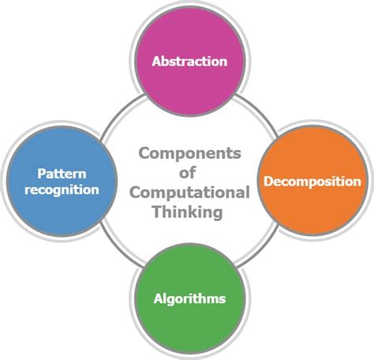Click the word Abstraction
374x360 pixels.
(189, 62)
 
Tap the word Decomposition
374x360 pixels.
(312, 182)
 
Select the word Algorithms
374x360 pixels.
(189, 298)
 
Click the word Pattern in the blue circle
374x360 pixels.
(62, 174)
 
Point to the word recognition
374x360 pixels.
(62, 190)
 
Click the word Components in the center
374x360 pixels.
(189, 153)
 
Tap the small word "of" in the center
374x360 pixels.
(187, 173)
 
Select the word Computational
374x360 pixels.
(189, 193)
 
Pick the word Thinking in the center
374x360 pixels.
(188, 212)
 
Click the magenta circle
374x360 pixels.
(190, 61)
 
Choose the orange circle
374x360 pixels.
(312, 180)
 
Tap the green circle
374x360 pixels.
(190, 298)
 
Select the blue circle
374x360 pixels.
(62, 181)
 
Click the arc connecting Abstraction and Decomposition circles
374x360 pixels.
(259, 111)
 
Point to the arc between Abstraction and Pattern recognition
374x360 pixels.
(120, 112)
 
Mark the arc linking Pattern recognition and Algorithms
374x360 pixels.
(119, 249)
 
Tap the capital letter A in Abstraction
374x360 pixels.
(157, 62)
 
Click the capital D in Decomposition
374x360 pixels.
(268, 181)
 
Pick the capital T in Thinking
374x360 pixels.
(157, 212)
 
